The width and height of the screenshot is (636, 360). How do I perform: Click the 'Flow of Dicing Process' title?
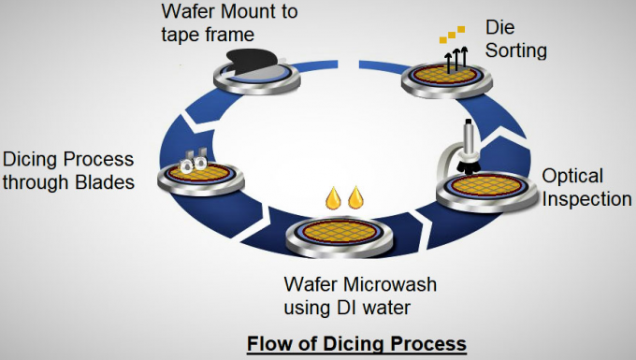355,344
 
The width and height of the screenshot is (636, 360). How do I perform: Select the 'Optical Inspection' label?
586,187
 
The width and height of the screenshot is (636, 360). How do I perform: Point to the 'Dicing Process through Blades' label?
67,170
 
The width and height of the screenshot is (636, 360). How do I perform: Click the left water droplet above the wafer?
333,198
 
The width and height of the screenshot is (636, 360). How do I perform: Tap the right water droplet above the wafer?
354,198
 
